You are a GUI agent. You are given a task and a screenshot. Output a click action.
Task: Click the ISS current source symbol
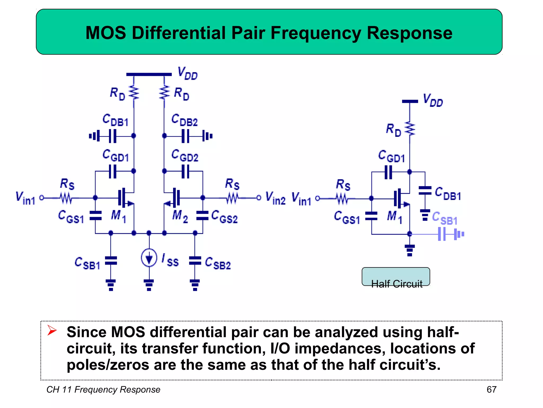coord(149,257)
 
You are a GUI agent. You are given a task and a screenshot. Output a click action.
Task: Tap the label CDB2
coord(185,120)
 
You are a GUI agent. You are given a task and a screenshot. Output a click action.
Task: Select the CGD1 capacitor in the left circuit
coord(113,171)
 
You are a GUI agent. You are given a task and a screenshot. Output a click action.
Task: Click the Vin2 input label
coord(275,198)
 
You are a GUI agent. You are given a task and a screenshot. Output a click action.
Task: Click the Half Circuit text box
coord(396,277)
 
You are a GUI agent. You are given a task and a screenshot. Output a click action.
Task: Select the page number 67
coord(491,389)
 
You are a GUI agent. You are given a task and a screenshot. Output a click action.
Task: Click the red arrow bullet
coord(52,330)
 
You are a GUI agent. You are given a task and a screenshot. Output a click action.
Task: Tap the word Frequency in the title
coord(316,33)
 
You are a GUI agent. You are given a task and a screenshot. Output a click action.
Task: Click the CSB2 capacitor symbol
coord(195,261)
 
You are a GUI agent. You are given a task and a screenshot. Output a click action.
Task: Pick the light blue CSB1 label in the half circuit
coord(445,218)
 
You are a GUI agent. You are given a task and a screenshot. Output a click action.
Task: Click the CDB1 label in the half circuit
coord(448,194)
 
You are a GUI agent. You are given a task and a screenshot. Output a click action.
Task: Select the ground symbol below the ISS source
coord(149,285)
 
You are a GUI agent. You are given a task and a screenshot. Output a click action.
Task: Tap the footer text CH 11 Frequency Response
coord(103,389)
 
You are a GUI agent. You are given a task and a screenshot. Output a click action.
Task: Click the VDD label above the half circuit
coord(433,100)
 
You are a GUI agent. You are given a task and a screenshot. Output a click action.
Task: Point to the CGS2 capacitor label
coord(224,217)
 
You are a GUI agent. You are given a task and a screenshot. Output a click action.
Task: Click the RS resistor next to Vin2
coord(232,198)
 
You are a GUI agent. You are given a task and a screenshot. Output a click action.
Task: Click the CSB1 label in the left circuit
coord(87,263)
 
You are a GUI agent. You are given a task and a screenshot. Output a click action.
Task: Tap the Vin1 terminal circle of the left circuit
coord(42,198)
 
